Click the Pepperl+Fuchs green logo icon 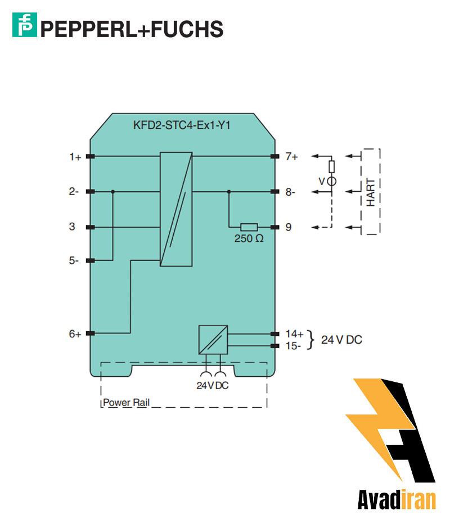tap(24, 26)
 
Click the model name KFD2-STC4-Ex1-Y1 tap(181, 125)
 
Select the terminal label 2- tap(74, 192)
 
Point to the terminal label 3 tap(72, 227)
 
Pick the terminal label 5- tap(74, 261)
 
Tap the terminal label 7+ tap(291, 156)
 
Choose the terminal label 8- tap(290, 192)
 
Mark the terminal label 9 tap(288, 227)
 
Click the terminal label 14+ tap(294, 333)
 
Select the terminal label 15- tap(292, 346)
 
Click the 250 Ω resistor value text tap(249, 238)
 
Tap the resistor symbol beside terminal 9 tap(249, 227)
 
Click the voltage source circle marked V tap(332, 181)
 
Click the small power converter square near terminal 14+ tap(213, 339)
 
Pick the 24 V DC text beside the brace tap(341, 340)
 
